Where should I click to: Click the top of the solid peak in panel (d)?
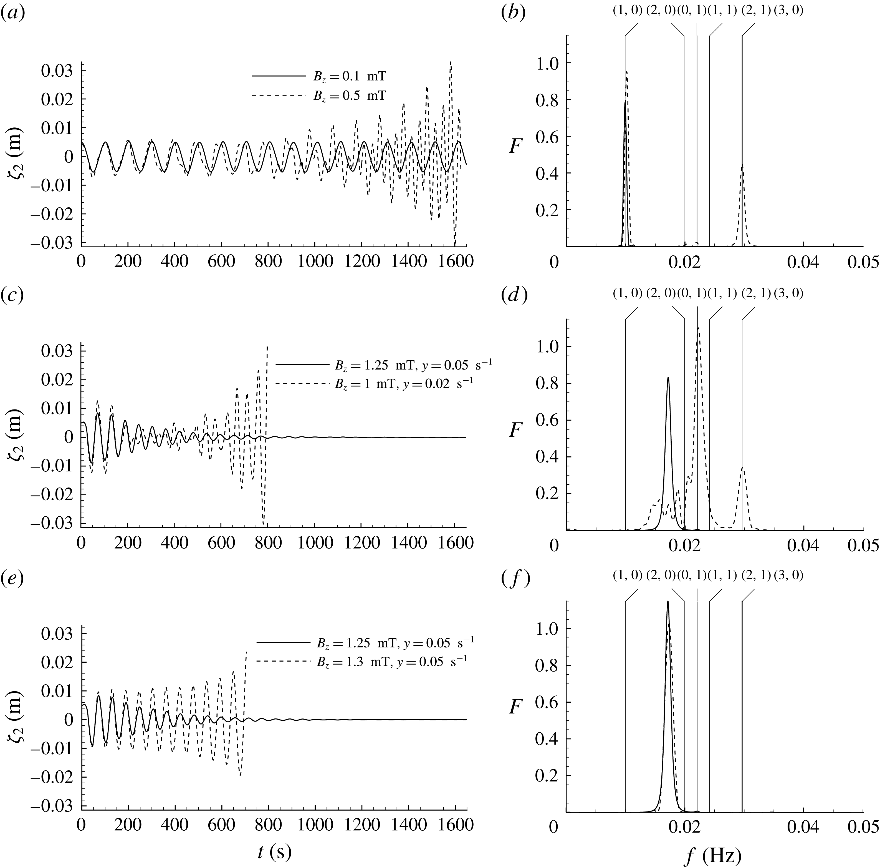[668, 378]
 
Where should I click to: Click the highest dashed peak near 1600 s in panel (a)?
[451, 62]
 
